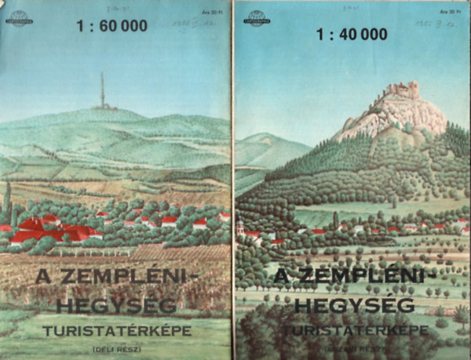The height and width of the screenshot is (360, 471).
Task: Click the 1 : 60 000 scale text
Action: point(111,25)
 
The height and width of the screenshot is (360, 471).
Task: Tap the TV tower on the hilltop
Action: point(101,91)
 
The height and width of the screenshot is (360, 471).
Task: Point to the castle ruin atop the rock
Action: point(401,92)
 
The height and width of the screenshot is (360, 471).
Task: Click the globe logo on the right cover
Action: point(256,18)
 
